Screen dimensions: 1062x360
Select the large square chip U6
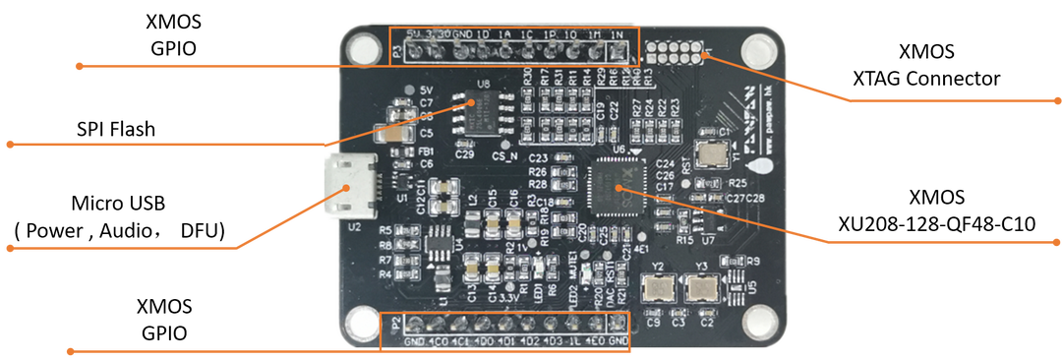point(618,187)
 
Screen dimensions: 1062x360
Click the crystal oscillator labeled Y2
point(658,290)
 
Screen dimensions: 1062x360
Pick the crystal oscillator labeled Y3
point(703,290)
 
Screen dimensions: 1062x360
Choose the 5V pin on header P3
point(412,51)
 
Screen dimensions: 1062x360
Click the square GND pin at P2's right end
point(619,325)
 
